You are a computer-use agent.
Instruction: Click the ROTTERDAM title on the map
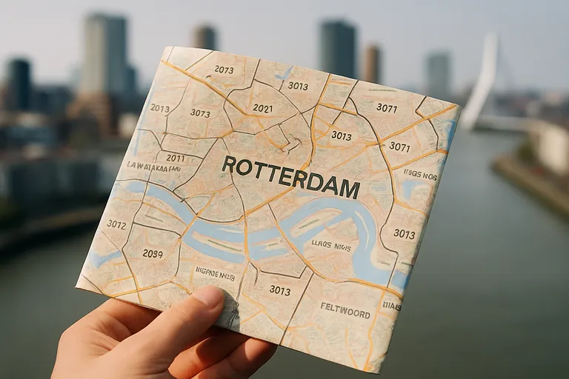coord(290,177)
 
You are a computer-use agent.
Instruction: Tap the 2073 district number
coord(224,70)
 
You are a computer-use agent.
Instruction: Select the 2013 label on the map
coord(159,108)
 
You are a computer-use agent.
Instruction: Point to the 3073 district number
coord(199,113)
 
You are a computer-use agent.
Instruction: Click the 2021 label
coord(262,108)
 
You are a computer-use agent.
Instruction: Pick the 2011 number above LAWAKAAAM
coord(176,158)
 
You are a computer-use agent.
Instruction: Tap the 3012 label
coord(116,224)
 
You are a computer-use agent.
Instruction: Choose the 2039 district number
coord(152,253)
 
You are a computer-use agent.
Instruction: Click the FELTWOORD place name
coord(345,312)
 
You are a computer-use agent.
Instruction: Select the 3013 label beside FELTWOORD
coord(280,290)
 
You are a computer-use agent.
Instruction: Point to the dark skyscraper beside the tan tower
coord(338,49)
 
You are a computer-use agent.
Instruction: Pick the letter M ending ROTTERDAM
coord(350,190)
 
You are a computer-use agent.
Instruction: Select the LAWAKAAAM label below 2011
coord(154,167)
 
